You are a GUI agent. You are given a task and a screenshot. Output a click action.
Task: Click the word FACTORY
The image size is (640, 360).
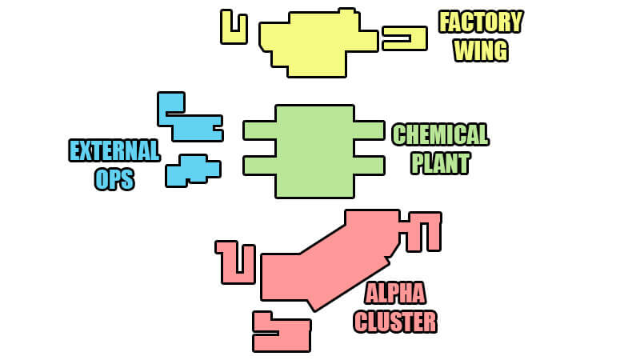(x=480, y=22)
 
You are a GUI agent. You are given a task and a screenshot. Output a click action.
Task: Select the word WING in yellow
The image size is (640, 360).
(x=480, y=50)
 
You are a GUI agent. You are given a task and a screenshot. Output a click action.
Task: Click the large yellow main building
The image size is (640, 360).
(x=316, y=44)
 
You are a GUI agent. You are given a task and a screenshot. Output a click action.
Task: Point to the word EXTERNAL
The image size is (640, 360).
(x=114, y=150)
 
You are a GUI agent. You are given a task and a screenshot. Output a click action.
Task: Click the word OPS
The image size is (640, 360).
(x=114, y=179)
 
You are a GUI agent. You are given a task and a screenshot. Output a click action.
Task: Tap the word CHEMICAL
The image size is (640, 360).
(x=440, y=134)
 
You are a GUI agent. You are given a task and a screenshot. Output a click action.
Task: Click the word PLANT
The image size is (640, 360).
(x=440, y=163)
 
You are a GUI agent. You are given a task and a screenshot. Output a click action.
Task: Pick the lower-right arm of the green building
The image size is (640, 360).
(x=369, y=166)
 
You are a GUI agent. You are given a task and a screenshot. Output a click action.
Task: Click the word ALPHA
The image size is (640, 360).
(x=395, y=294)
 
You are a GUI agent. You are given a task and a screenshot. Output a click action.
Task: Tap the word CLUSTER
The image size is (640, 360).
(x=395, y=322)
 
